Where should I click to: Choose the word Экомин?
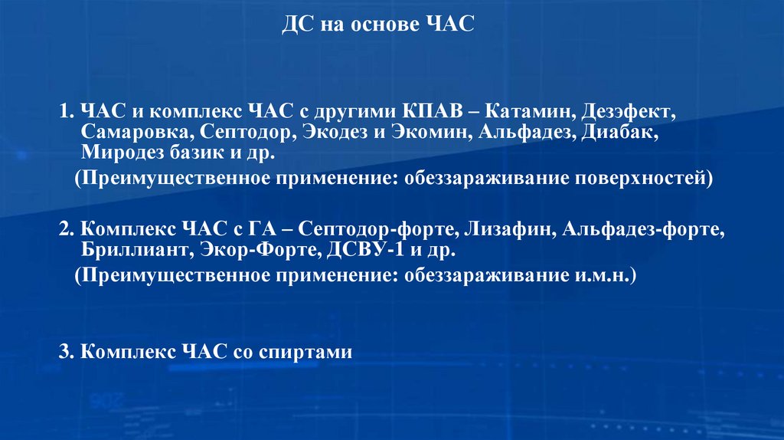click(x=430, y=133)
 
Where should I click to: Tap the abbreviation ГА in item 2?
click(x=260, y=229)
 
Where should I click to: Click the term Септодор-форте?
click(x=359, y=229)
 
